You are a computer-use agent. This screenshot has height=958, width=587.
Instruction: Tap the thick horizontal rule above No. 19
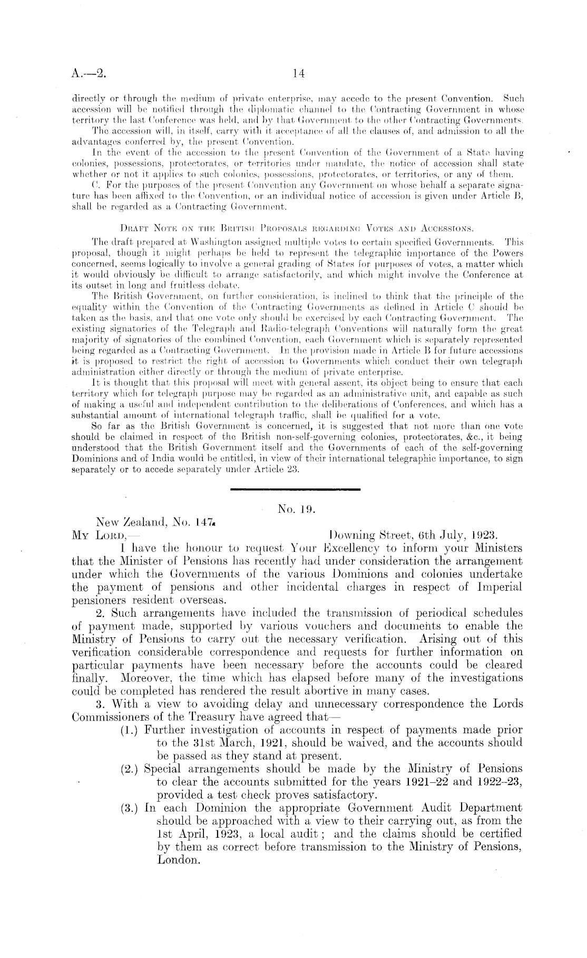[x=296, y=490]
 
